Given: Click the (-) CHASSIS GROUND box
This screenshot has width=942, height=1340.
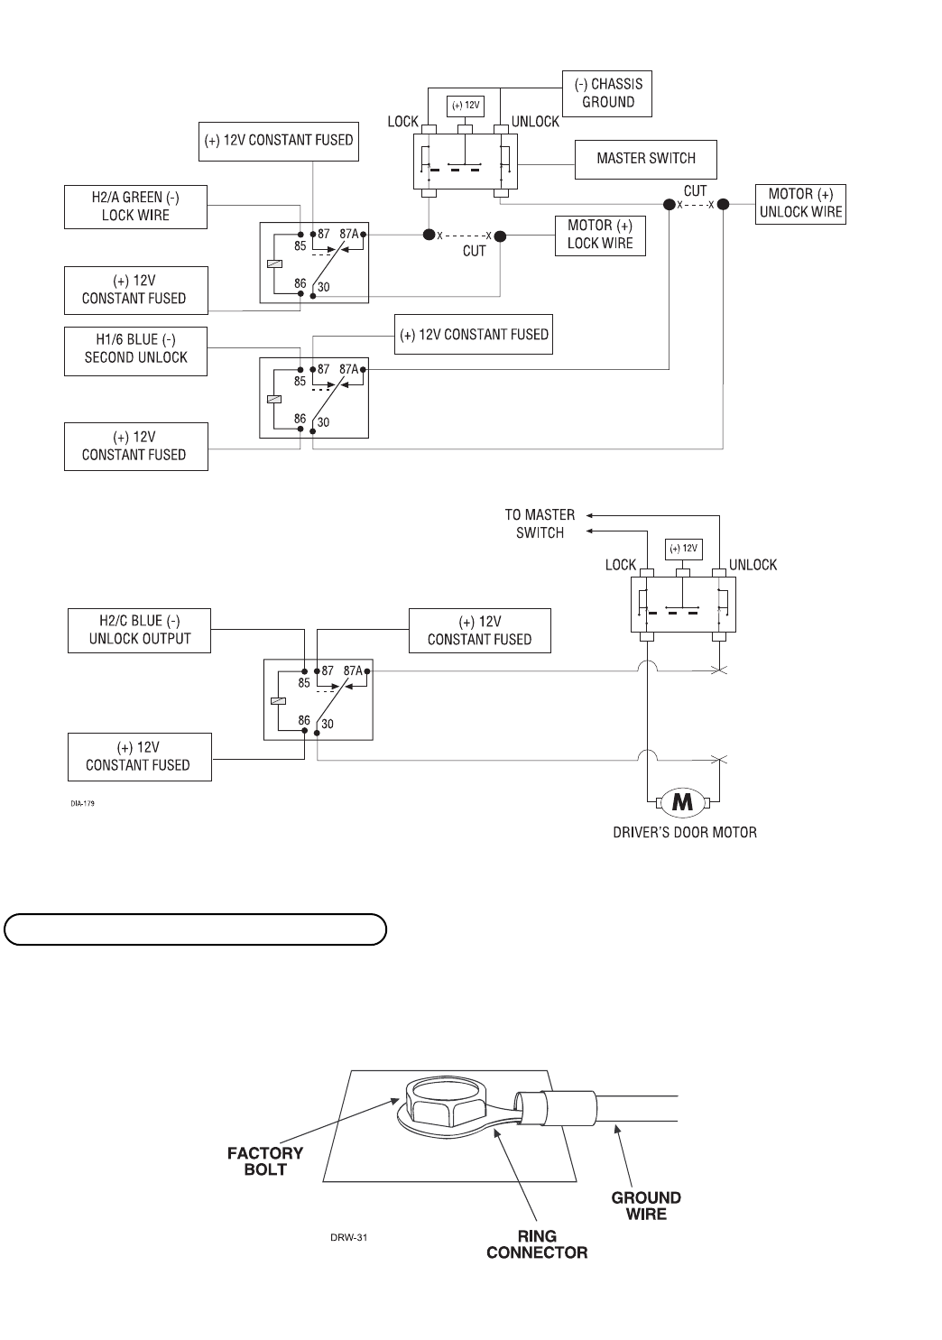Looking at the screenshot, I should pyautogui.click(x=606, y=94).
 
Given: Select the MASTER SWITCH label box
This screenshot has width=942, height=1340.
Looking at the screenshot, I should pyautogui.click(x=646, y=159).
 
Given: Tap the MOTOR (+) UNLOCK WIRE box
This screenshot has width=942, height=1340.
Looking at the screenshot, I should pyautogui.click(x=800, y=204).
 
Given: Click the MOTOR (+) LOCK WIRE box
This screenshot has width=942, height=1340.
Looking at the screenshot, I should pyautogui.click(x=600, y=235).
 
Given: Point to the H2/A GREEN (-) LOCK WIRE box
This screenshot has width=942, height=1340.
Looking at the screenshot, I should pyautogui.click(x=135, y=207).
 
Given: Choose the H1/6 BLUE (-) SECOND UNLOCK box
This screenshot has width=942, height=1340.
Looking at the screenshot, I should pyautogui.click(x=135, y=349).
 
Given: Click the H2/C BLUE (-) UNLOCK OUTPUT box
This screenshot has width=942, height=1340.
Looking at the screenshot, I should pyautogui.click(x=140, y=630).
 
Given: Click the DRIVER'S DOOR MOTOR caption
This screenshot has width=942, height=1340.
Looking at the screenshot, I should pyautogui.click(x=685, y=832).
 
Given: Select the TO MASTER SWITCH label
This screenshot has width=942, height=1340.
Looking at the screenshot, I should pyautogui.click(x=540, y=523).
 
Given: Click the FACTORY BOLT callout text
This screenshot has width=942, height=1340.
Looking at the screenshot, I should pyautogui.click(x=265, y=1161).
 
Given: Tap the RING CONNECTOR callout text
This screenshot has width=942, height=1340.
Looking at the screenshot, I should pyautogui.click(x=537, y=1244).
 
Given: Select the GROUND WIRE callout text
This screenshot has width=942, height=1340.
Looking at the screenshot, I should pyautogui.click(x=646, y=1206).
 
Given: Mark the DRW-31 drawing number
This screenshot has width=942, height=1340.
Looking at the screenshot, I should pyautogui.click(x=348, y=1237).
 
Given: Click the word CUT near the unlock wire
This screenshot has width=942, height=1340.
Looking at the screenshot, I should pyautogui.click(x=695, y=191).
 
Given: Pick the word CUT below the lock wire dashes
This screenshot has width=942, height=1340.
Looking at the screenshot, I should pyautogui.click(x=474, y=251).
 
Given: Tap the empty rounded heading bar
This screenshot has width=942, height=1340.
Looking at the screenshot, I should pyautogui.click(x=195, y=929).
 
